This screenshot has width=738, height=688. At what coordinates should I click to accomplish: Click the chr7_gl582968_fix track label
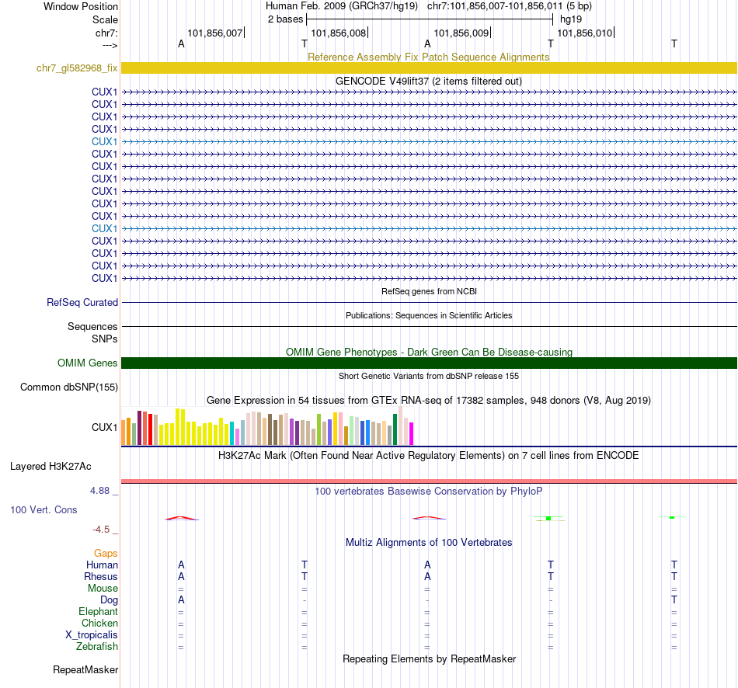[x=77, y=68]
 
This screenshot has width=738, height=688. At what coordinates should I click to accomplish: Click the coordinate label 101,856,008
[x=338, y=33]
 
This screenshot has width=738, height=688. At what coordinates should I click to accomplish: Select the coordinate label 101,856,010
[x=585, y=33]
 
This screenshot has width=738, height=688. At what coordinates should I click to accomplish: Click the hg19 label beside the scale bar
[x=570, y=19]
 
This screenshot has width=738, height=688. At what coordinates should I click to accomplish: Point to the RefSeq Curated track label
[x=82, y=303]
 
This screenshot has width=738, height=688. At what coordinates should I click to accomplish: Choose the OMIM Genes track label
[x=88, y=363]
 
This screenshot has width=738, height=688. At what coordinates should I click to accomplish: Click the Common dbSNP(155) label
[x=69, y=387]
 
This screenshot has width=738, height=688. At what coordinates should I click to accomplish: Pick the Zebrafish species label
[x=97, y=647]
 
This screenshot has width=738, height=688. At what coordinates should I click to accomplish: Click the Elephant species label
[x=99, y=612]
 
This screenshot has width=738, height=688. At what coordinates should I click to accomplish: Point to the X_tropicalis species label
[x=92, y=635]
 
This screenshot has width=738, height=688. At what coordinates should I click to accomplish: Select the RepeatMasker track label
[x=85, y=669]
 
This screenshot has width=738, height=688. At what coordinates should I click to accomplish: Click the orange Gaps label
[x=106, y=554]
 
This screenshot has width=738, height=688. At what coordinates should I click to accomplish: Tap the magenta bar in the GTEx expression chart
[x=411, y=433]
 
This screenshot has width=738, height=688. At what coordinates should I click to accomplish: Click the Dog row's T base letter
[x=674, y=600]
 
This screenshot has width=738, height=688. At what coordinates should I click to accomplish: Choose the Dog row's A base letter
[x=181, y=600]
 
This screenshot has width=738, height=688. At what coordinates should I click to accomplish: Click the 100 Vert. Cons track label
[x=44, y=510]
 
